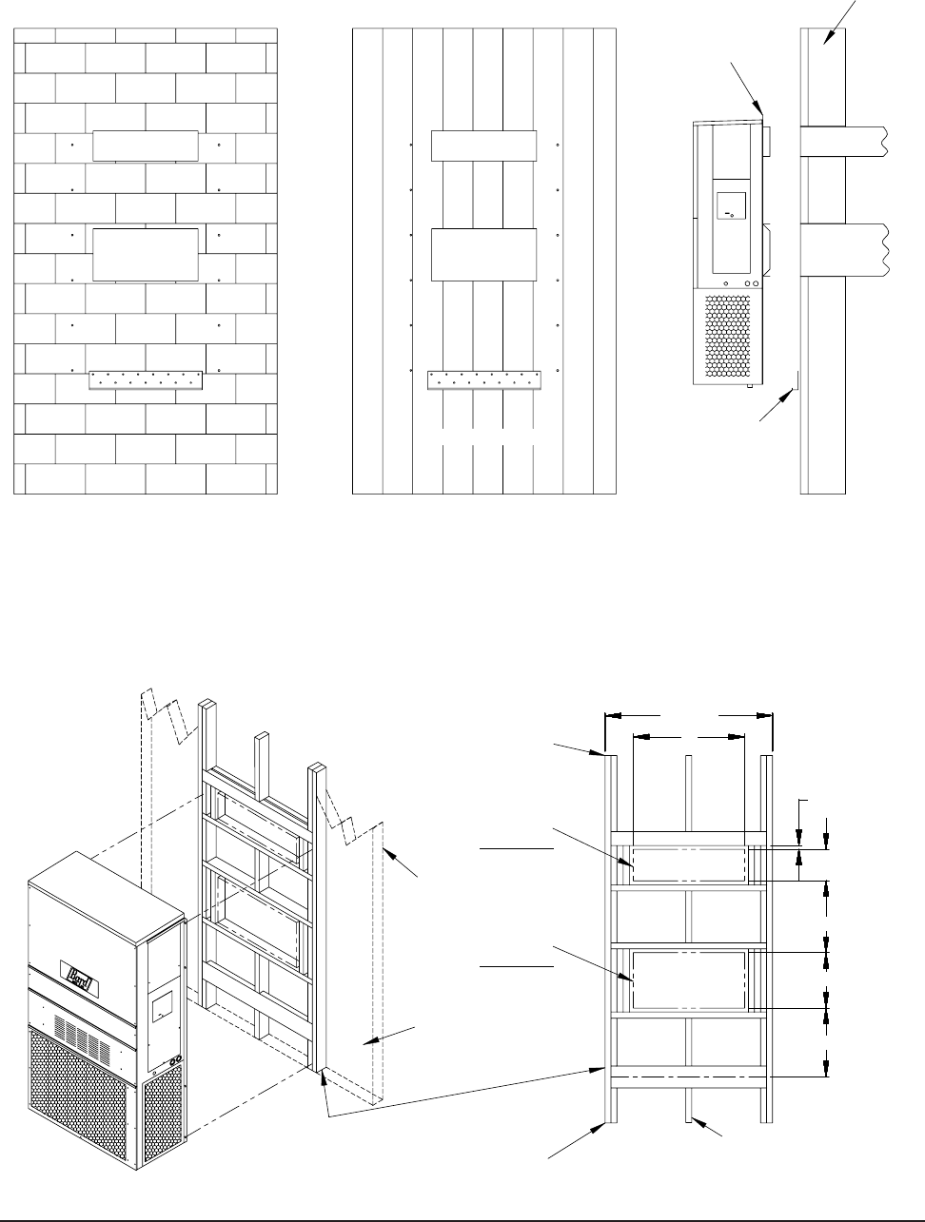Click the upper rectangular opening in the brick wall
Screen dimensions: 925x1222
[x=146, y=146]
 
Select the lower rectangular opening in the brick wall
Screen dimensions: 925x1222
[x=146, y=255]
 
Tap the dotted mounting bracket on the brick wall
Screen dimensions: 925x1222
[x=146, y=380]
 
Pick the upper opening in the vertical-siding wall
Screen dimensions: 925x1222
[x=483, y=146]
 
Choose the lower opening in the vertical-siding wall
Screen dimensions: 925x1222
[x=483, y=255]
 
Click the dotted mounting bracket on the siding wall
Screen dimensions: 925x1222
[x=483, y=380]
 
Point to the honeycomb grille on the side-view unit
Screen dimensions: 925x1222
[x=728, y=333]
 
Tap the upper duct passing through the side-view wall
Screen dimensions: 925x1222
[x=842, y=143]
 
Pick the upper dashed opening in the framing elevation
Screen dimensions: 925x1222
[x=688, y=865]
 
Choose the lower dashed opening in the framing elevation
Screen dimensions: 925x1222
[x=688, y=980]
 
